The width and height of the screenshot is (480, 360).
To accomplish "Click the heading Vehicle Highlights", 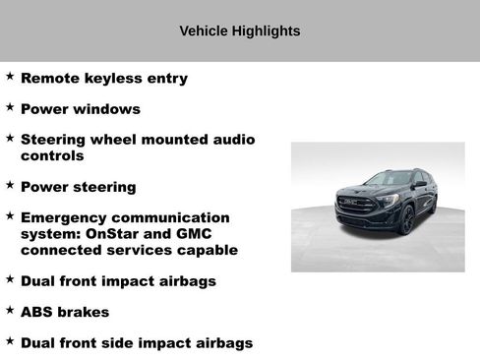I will pos(240,31).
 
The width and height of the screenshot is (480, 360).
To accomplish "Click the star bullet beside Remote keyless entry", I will pos(10,76).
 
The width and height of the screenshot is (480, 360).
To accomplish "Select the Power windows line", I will pos(81,109).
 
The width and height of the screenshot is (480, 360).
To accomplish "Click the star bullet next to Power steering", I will pos(10,184).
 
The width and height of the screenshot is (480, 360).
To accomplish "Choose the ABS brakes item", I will pos(65,312).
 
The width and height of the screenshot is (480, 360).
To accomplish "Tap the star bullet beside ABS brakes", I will pos(10,310).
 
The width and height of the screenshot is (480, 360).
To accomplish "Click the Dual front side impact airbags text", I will pos(137,343).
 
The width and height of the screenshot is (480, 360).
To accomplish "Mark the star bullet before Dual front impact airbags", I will pos(10,278).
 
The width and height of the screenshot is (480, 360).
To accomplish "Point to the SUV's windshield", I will pos(389,180).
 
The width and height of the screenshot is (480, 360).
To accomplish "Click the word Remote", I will pos(49,78).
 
